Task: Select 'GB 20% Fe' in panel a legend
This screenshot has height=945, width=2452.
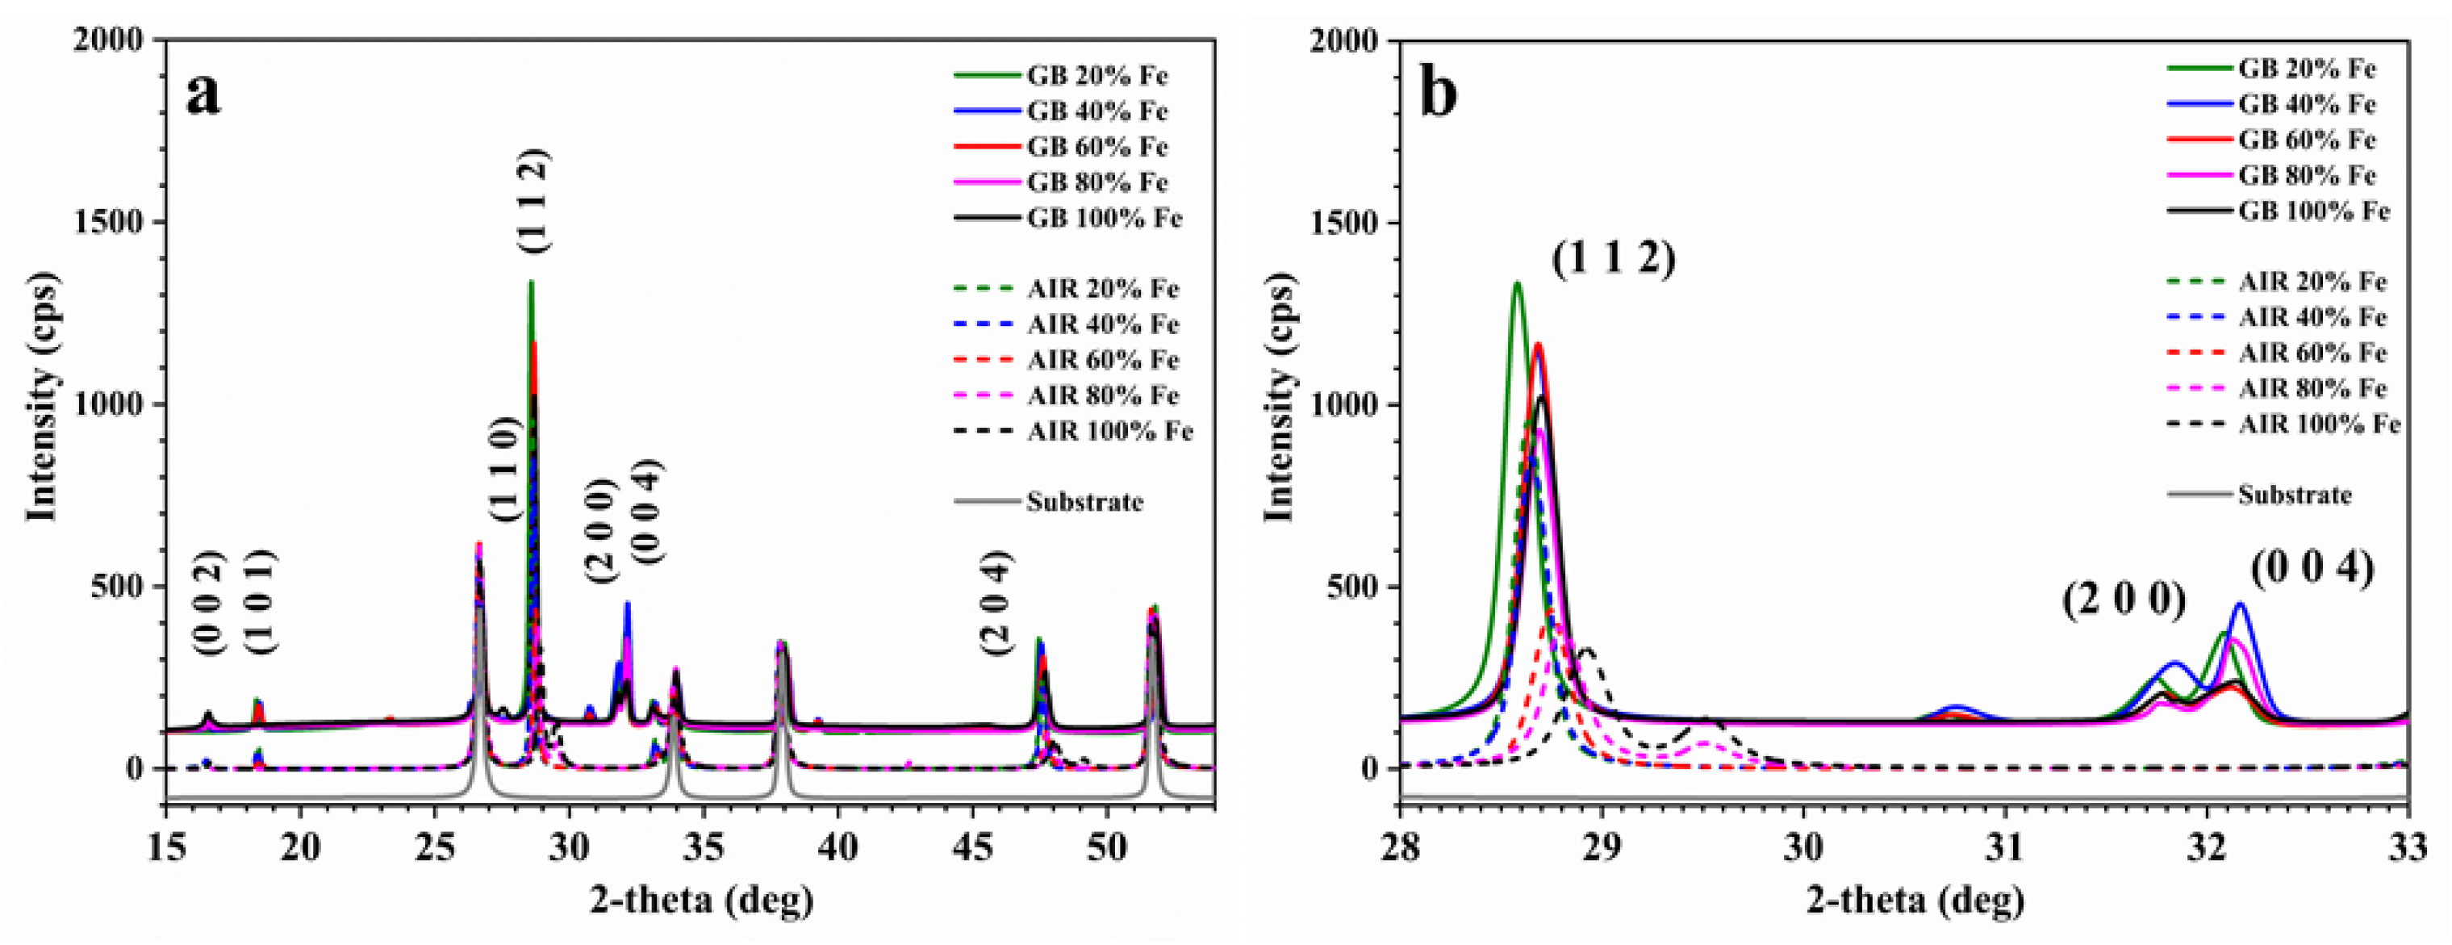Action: pos(1097,75)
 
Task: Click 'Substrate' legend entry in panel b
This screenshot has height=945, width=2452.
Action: pos(2294,495)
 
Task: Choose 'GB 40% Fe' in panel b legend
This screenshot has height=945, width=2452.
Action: pos(2307,104)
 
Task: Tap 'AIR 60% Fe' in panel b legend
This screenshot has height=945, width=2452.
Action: pos(2312,353)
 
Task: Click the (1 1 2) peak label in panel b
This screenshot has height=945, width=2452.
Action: pos(1614,258)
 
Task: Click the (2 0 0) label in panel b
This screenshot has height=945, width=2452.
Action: pos(2124,600)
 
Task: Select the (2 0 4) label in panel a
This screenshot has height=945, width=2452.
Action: pos(996,602)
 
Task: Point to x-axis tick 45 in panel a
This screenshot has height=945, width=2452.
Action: pos(972,846)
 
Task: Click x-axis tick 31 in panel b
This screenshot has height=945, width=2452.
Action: pos(2005,846)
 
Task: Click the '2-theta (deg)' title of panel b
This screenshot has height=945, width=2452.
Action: pos(1915,899)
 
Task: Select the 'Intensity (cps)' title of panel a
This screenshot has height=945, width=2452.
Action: pos(42,398)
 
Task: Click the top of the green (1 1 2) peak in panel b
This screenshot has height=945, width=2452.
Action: pos(1517,282)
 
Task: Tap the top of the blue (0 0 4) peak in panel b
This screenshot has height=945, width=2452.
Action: pos(2240,604)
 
